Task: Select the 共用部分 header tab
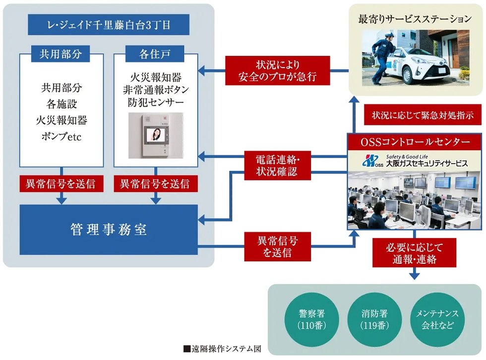pyautogui.click(x=61, y=53)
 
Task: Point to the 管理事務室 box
pyautogui.click(x=108, y=230)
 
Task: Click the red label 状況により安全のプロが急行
pyautogui.click(x=278, y=71)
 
